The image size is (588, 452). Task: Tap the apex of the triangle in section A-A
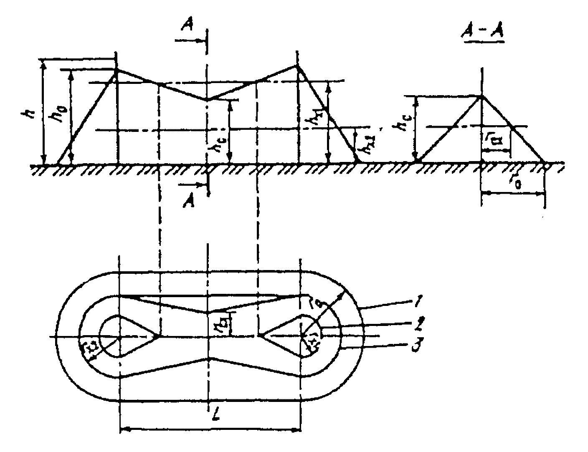tap(482, 96)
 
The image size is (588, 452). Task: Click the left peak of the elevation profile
tap(117, 70)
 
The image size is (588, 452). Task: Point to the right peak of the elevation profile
tap(297, 66)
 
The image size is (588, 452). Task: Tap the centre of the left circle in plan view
tap(119, 336)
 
